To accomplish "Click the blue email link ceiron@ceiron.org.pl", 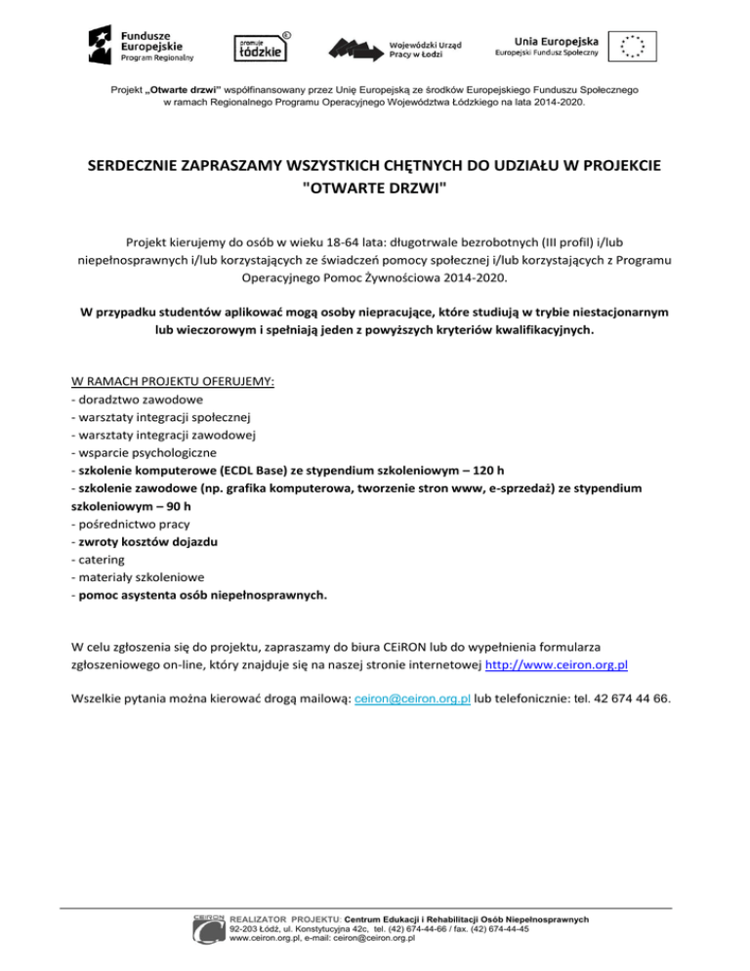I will (413, 698).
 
